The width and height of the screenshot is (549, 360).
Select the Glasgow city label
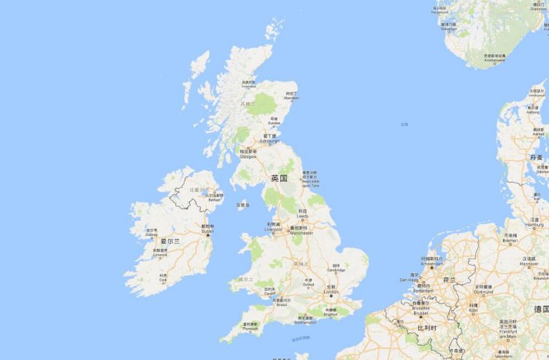(248, 156)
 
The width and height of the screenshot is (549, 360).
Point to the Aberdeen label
(291, 98)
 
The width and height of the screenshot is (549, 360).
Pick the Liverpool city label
(274, 229)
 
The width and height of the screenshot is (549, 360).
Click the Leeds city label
(302, 215)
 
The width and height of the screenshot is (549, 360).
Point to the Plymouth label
(250, 328)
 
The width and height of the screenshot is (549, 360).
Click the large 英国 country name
(279, 178)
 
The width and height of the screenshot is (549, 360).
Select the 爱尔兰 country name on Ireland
(171, 240)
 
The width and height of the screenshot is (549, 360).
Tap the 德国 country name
(541, 309)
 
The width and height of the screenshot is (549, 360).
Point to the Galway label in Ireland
(152, 234)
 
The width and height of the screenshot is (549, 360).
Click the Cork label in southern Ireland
(162, 278)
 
